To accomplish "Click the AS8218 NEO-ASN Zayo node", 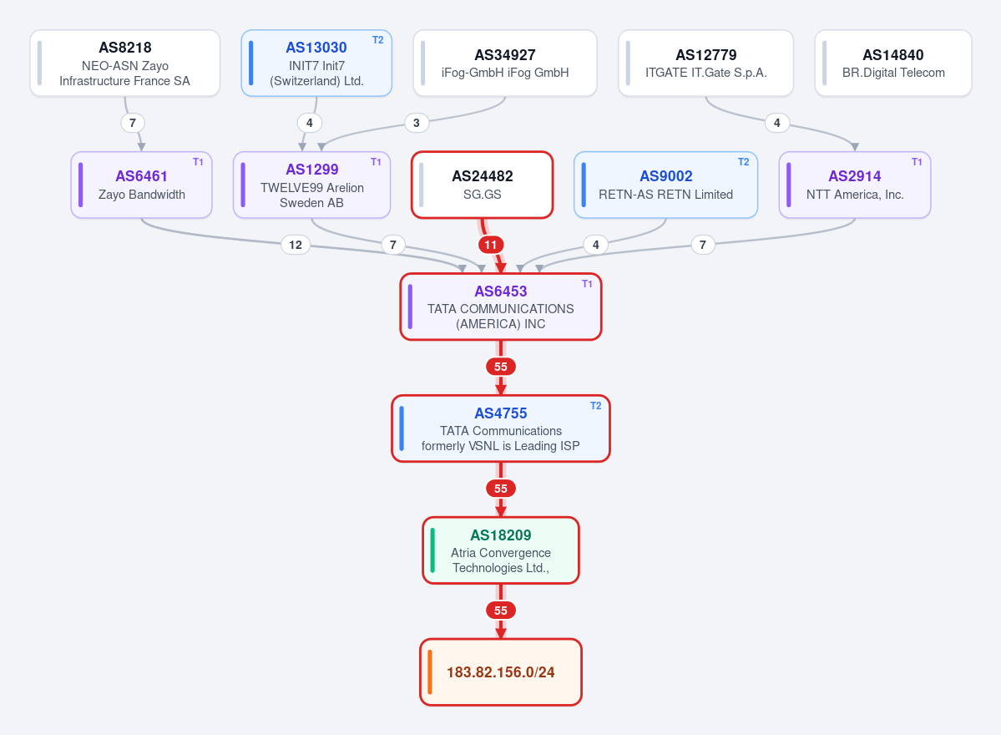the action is [125, 63].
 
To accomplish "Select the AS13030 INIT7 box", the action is [316, 63].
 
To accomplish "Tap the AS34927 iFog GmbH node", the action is [505, 63].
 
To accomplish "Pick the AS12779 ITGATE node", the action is [706, 63].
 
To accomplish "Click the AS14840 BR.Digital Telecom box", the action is [893, 63].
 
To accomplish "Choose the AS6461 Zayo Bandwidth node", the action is [141, 185].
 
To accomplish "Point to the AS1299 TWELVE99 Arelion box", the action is [311, 185].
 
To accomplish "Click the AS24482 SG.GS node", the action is [483, 185].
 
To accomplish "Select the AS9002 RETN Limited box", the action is [666, 185].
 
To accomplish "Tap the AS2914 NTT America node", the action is [855, 185].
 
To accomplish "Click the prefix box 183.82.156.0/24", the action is [501, 672].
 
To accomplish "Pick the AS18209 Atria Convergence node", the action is [501, 550].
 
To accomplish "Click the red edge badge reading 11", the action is [490, 245].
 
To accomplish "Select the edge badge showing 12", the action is [296, 245].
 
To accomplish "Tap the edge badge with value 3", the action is [417, 123].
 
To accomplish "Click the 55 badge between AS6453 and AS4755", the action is [501, 367].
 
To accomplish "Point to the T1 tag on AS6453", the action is [587, 284].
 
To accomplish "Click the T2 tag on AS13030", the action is [378, 40].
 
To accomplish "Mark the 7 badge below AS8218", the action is [133, 123].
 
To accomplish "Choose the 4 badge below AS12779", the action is [777, 123].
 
